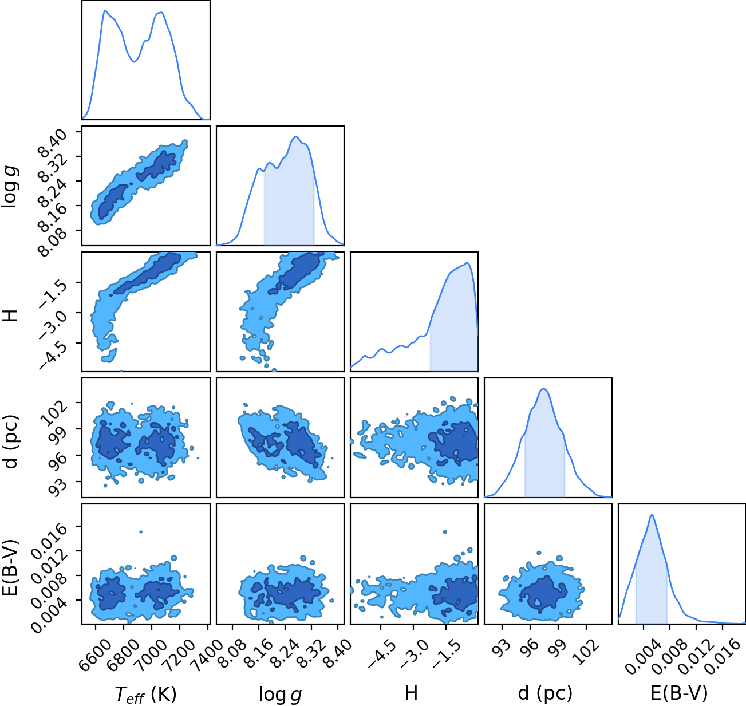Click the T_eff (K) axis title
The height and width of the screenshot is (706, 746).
[146, 694]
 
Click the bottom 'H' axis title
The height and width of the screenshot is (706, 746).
[411, 693]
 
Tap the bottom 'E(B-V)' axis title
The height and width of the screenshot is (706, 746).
[679, 693]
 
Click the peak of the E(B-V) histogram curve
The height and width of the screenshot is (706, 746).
[652, 515]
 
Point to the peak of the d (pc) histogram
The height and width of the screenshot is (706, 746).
[544, 389]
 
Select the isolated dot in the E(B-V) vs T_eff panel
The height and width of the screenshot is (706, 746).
[141, 532]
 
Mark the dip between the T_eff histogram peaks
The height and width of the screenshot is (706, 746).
[133, 61]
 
